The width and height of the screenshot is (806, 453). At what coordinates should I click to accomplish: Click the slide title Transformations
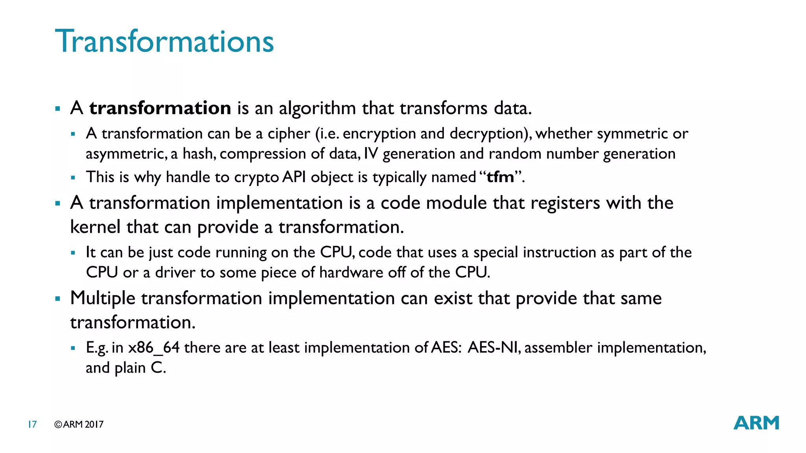pos(164,41)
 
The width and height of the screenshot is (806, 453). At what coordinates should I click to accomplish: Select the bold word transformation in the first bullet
pos(160,108)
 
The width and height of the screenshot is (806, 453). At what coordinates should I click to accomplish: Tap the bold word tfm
pos(500,177)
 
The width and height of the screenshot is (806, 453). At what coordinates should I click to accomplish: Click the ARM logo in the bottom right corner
pos(756,423)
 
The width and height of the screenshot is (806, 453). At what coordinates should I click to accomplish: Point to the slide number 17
pos(32,424)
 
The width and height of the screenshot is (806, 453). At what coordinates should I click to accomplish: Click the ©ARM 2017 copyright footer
pos(79,424)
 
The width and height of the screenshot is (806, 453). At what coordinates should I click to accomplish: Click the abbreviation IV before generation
pos(371,154)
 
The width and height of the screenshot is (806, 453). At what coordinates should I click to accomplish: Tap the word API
pos(294,177)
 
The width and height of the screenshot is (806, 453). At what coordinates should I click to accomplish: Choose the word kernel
pos(95,227)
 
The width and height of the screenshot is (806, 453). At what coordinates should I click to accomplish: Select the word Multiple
pos(103,298)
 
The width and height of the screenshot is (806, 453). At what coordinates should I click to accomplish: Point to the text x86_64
pos(154,348)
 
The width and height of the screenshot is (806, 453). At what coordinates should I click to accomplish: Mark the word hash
pos(199,154)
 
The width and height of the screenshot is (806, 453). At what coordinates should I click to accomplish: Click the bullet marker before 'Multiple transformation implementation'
pos(58,299)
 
